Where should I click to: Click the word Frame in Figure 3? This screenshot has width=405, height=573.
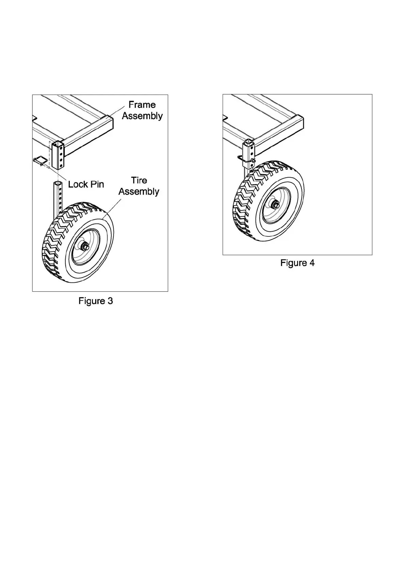pos(142,105)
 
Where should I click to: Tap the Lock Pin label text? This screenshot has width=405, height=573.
pos(86,184)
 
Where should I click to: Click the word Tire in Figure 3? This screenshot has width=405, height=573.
pos(139,181)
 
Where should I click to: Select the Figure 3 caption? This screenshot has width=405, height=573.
pos(96,301)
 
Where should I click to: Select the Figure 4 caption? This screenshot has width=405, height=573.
pos(297,263)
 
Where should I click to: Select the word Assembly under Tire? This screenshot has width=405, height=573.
pos(139,192)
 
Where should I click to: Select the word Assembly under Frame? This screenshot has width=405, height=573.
pos(142,116)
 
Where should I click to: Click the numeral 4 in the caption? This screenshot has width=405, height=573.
pos(311,263)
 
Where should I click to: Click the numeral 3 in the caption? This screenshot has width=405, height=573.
pos(110,301)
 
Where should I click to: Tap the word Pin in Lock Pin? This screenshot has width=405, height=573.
pos(97,184)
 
